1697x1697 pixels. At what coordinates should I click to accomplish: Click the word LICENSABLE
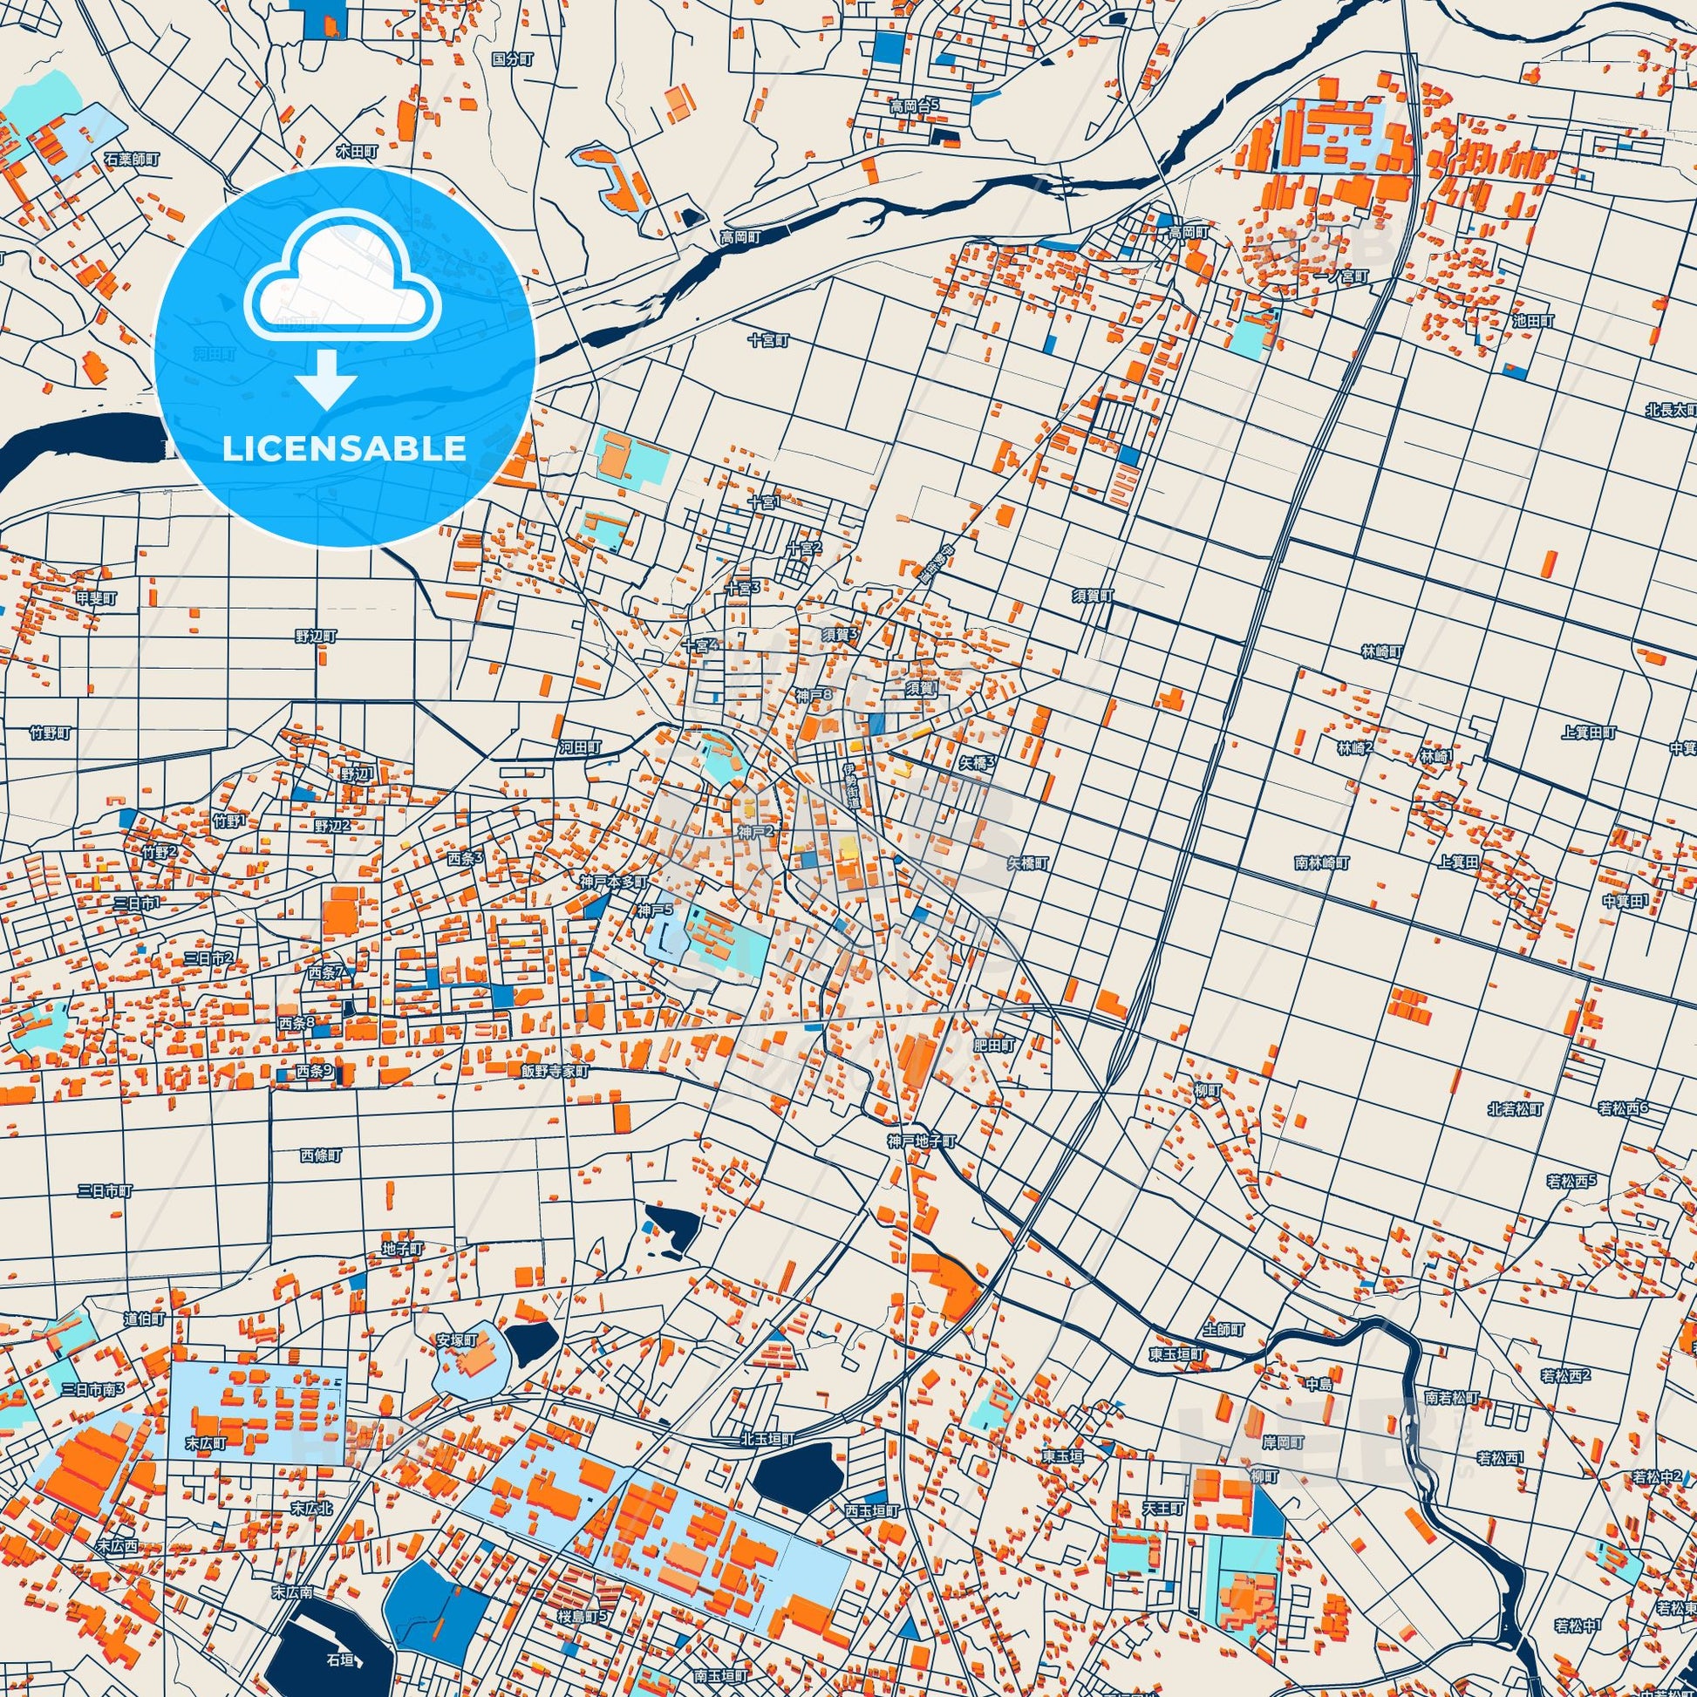(x=344, y=449)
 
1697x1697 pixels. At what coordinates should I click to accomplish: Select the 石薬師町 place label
(x=132, y=160)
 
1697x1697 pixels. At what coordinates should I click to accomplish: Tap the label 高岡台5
(x=915, y=106)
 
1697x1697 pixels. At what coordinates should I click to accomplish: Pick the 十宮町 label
(x=768, y=340)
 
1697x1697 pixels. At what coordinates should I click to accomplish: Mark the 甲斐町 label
(x=95, y=598)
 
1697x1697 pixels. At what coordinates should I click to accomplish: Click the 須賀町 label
(x=1092, y=596)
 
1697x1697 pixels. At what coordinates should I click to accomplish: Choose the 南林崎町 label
(x=1322, y=862)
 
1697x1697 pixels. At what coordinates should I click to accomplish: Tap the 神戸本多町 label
(x=613, y=881)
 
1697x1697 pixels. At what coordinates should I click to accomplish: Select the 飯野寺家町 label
(x=555, y=1072)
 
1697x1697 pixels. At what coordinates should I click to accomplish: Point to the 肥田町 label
(x=993, y=1046)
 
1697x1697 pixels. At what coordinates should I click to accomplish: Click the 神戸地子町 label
(x=922, y=1141)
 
